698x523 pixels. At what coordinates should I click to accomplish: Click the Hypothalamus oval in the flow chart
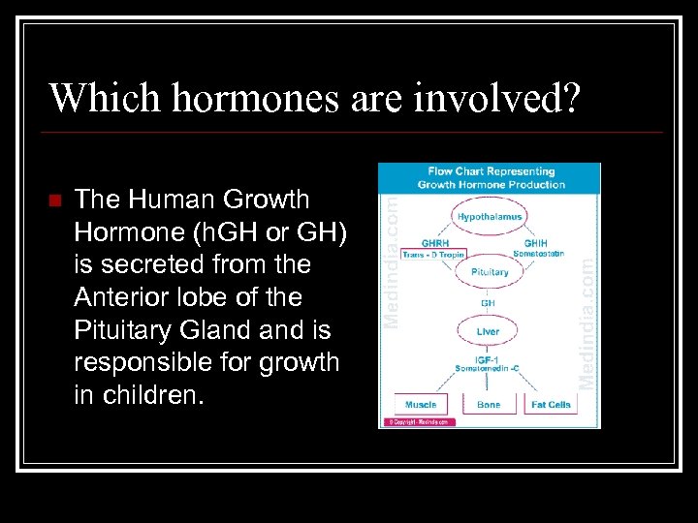pyautogui.click(x=489, y=217)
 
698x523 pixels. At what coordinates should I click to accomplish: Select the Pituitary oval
pyautogui.click(x=489, y=272)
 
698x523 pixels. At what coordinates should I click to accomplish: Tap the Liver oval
pyautogui.click(x=489, y=331)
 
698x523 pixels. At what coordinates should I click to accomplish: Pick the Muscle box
pyautogui.click(x=420, y=404)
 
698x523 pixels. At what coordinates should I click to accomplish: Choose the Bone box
pyautogui.click(x=489, y=404)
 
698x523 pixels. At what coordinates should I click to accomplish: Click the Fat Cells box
pyautogui.click(x=551, y=404)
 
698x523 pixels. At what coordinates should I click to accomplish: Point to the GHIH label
pyautogui.click(x=536, y=243)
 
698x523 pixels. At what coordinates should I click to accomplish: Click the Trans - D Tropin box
pyautogui.click(x=433, y=254)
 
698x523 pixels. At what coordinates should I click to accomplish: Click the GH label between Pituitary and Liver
pyautogui.click(x=489, y=302)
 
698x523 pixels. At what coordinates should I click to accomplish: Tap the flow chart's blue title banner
pyautogui.click(x=489, y=177)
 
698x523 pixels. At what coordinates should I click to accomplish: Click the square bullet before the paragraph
pyautogui.click(x=55, y=201)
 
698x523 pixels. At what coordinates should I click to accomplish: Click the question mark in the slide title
pyautogui.click(x=571, y=97)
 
